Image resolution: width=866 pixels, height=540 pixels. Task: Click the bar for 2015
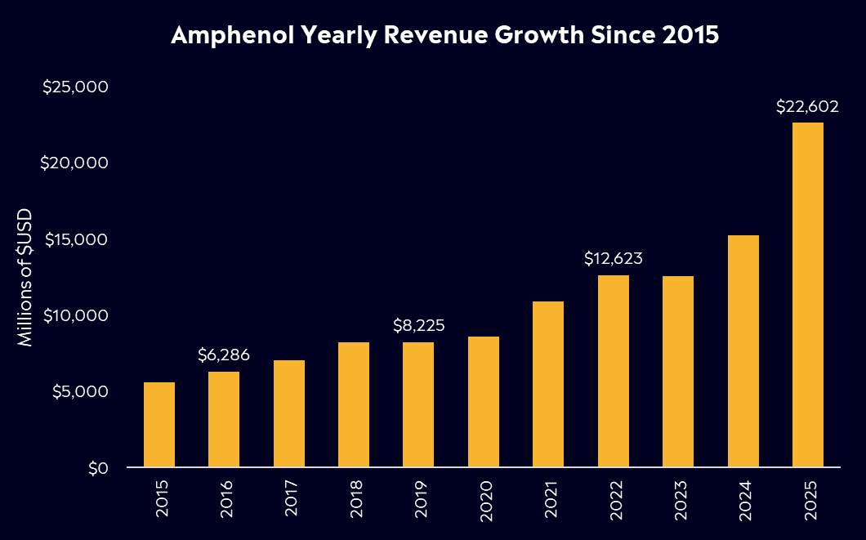coord(159,425)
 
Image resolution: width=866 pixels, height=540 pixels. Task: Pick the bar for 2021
coord(548,384)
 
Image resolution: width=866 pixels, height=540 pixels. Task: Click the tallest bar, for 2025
coord(808,295)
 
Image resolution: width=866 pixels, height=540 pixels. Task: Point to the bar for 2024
coord(743,351)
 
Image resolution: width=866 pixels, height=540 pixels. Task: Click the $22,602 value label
coord(808,107)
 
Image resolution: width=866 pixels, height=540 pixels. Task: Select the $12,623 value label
coord(614,259)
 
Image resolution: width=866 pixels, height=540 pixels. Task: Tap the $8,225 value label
coord(418,327)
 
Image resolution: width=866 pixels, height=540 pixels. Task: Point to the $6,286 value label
coord(224,355)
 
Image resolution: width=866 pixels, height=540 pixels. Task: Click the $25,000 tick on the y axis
coord(75,87)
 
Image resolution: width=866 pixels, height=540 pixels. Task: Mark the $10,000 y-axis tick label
coord(75,315)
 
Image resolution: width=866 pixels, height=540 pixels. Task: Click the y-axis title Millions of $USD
coord(26,276)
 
